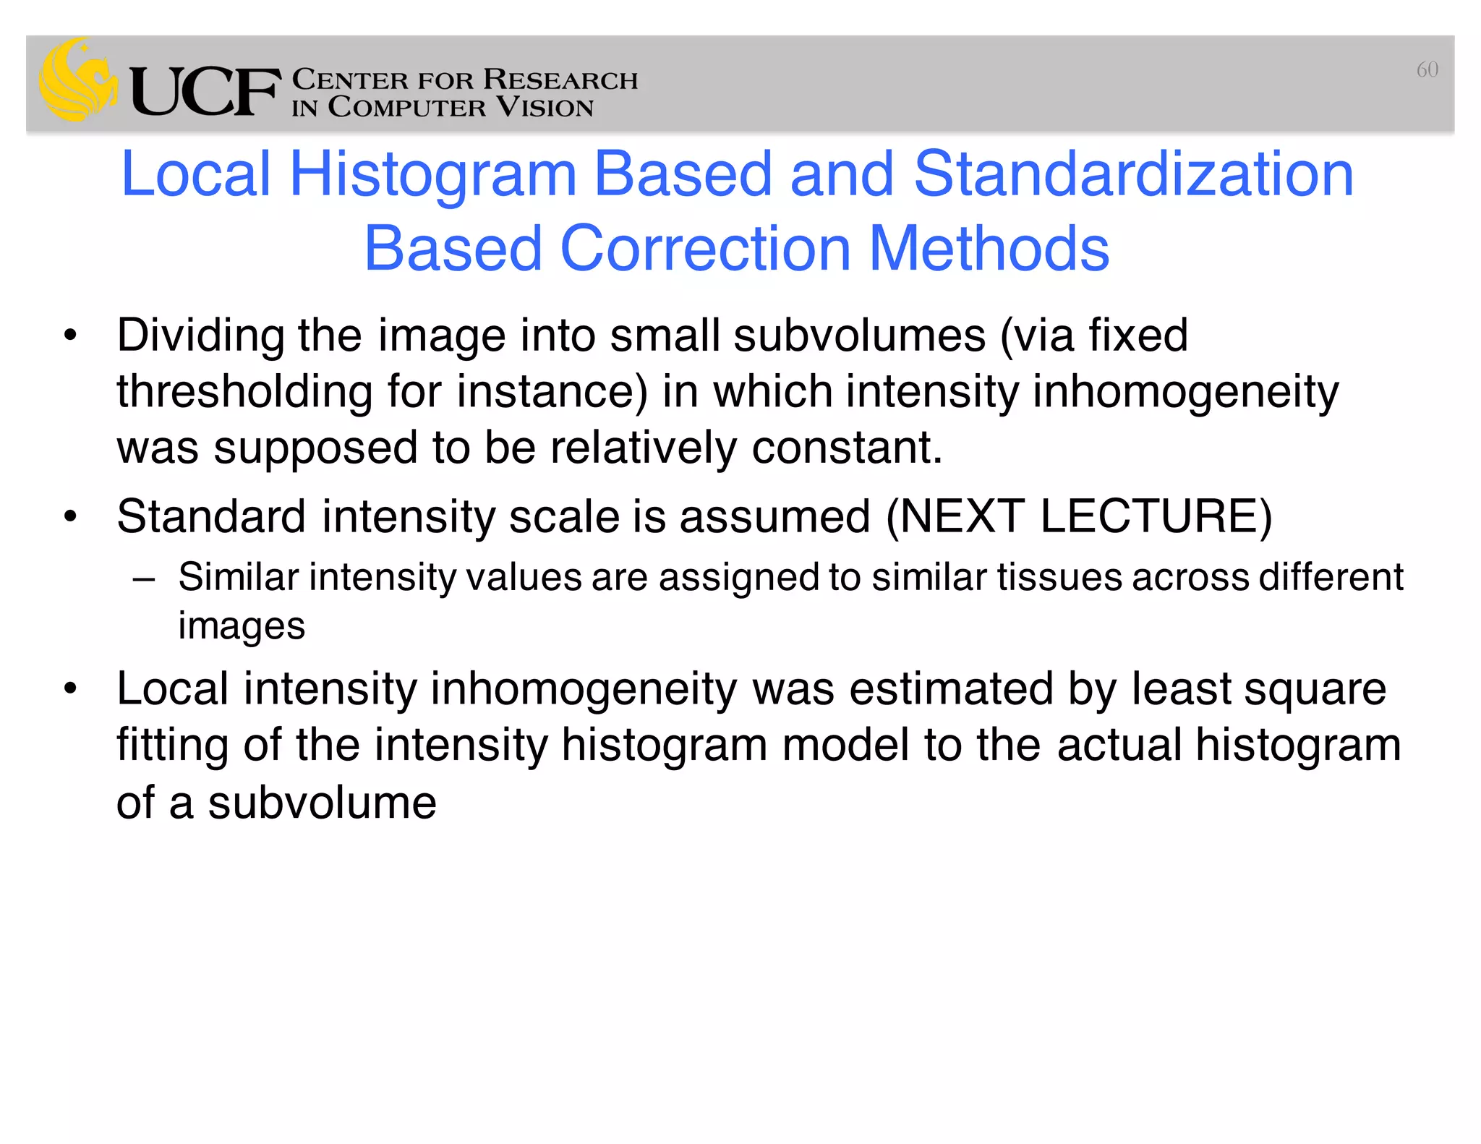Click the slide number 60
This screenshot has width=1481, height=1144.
[1427, 69]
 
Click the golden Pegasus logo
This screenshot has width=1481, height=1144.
[77, 80]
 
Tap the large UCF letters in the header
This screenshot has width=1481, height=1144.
[205, 92]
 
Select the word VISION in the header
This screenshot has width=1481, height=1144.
[545, 108]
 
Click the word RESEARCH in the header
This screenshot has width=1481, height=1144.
[560, 80]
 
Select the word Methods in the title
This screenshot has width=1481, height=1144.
[989, 249]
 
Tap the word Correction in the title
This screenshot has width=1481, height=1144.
[705, 249]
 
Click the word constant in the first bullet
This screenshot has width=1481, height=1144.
[846, 448]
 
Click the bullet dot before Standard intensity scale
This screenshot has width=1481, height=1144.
[69, 517]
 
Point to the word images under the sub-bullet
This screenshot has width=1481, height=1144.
[242, 626]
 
